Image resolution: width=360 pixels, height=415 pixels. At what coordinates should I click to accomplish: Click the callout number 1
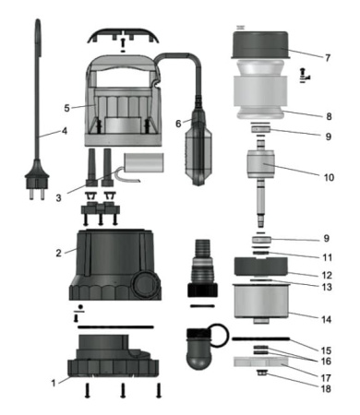click(x=53, y=379)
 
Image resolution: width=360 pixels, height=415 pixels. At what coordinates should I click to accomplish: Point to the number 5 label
click(x=66, y=108)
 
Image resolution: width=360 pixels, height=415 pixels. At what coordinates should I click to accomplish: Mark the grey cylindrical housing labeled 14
click(x=256, y=302)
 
